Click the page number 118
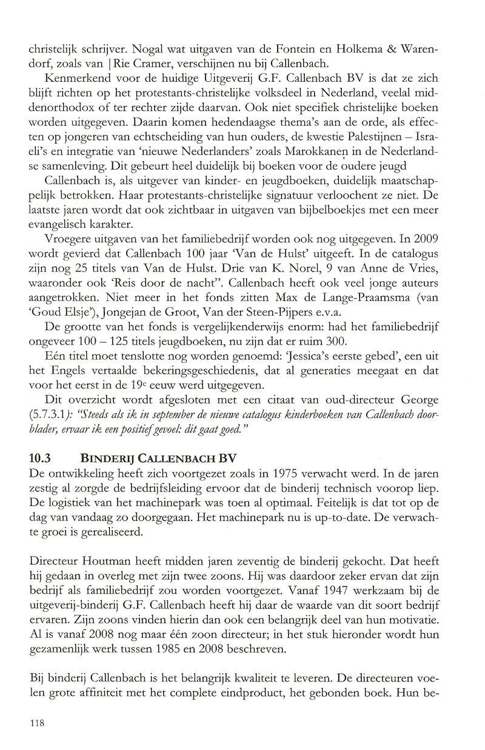tap(36, 723)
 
